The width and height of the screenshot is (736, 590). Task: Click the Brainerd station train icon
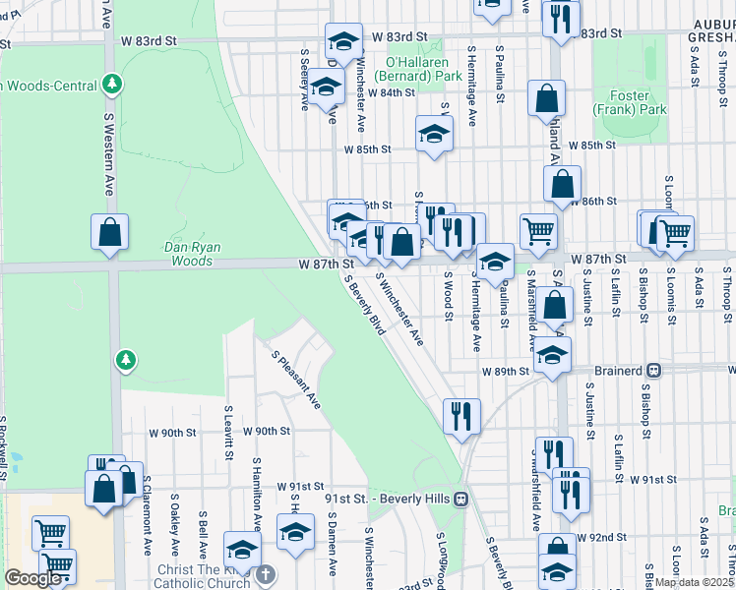(653, 371)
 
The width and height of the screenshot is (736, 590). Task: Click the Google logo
(32, 578)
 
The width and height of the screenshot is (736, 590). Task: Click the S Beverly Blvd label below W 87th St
(364, 304)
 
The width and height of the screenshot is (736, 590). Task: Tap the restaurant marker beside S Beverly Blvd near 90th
(461, 416)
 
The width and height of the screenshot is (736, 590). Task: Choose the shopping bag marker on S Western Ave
(110, 232)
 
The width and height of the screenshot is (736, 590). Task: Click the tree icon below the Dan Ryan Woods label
(126, 361)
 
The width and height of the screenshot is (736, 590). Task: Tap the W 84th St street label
(392, 92)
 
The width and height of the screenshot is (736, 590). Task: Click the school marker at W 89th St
(553, 356)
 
